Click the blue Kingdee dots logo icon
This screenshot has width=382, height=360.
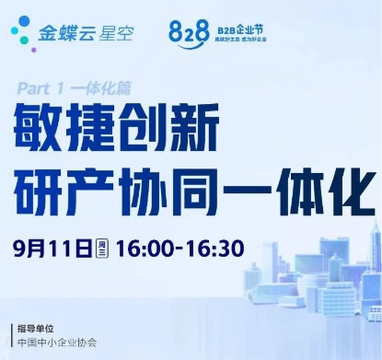pyautogui.click(x=21, y=36)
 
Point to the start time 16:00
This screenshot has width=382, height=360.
pyautogui.click(x=152, y=248)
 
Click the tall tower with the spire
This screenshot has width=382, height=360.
pyautogui.click(x=368, y=267)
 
